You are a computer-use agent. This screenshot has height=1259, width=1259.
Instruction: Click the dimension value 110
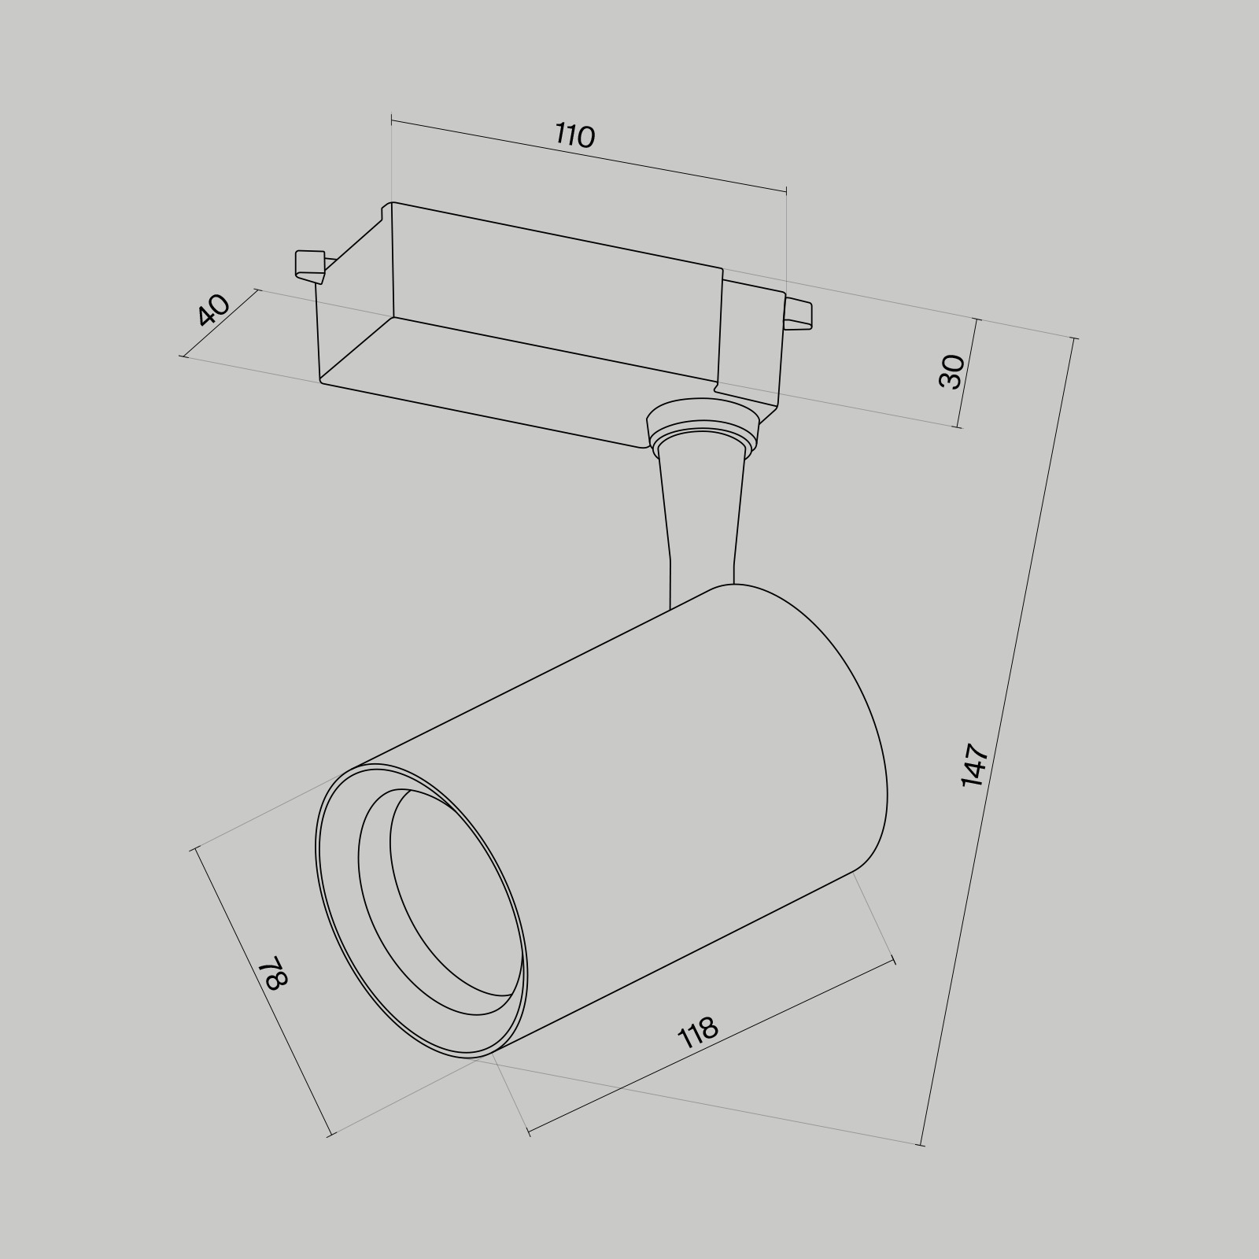(575, 136)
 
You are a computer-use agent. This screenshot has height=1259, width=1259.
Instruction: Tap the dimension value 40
(213, 310)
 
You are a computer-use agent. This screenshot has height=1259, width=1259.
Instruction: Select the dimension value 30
(951, 371)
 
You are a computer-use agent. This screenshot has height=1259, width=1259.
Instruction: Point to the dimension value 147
(974, 764)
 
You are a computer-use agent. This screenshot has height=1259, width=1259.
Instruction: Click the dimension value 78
(275, 973)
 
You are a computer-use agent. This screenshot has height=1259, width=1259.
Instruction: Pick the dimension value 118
(698, 1033)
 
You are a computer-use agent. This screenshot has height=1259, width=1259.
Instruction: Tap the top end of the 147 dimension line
(1074, 338)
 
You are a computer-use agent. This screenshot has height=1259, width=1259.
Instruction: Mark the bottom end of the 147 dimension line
(921, 1144)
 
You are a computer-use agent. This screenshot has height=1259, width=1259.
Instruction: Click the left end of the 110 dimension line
(392, 120)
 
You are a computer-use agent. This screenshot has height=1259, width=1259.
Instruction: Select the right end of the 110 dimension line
(786, 190)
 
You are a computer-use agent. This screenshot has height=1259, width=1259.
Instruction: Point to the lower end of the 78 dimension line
(330, 1135)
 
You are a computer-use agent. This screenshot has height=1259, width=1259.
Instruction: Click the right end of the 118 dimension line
(894, 960)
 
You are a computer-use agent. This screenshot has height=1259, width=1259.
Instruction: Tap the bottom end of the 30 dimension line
(958, 427)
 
